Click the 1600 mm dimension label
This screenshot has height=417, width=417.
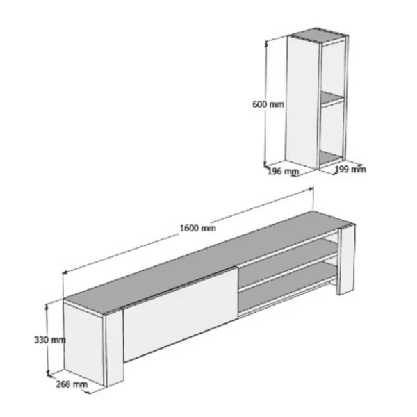(198, 228)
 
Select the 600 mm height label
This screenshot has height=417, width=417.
(268, 104)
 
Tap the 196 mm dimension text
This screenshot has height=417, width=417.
(283, 172)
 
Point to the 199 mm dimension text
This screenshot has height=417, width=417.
(350, 169)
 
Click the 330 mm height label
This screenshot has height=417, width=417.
(50, 340)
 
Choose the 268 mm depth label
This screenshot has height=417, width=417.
(72, 384)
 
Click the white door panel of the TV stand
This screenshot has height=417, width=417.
(180, 314)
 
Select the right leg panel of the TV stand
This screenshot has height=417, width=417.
(346, 259)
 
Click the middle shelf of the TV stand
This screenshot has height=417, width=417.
(288, 262)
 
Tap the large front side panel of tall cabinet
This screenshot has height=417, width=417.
(302, 102)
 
